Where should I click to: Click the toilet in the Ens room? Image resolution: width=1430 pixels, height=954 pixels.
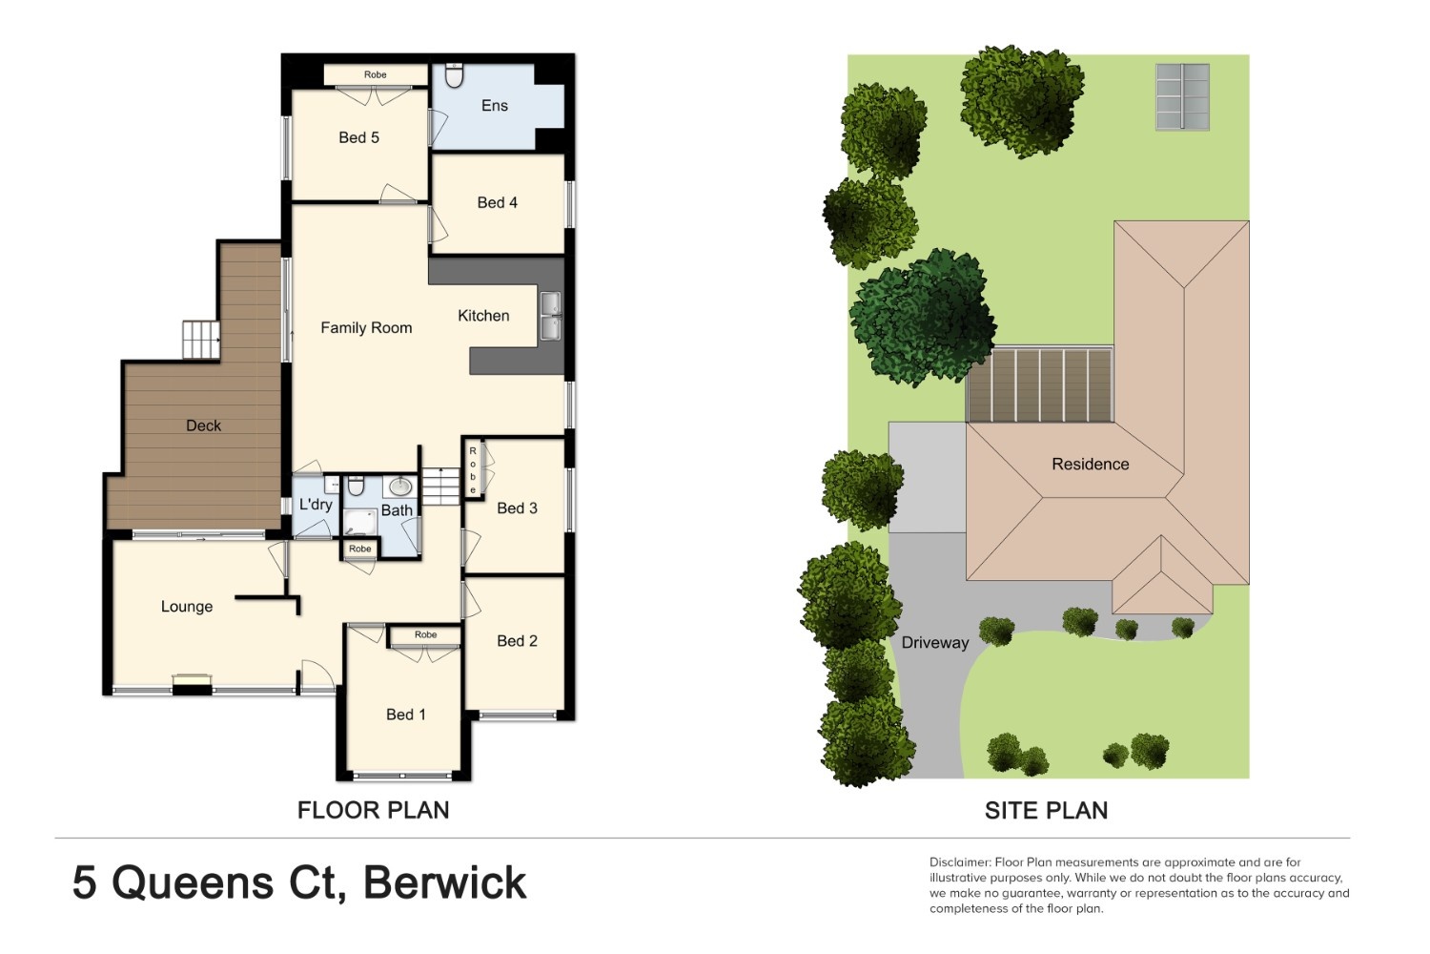(454, 74)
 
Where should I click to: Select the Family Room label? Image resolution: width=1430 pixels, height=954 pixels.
(366, 328)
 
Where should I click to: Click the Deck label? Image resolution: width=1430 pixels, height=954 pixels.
(204, 425)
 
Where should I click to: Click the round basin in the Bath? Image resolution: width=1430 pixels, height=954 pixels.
(400, 487)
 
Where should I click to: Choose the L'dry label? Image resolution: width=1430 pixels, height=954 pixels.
(316, 505)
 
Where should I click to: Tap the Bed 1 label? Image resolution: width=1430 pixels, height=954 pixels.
(406, 715)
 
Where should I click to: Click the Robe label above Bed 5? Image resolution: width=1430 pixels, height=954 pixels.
(376, 74)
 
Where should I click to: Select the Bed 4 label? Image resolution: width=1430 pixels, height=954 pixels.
(498, 202)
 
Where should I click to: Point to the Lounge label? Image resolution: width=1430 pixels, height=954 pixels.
(187, 607)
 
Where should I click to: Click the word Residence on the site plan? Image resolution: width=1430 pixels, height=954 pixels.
(1091, 464)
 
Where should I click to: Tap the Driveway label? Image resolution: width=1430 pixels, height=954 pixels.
(935, 643)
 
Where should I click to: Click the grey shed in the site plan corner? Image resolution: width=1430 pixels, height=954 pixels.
(1182, 97)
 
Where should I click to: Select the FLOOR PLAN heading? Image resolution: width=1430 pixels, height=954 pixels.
(374, 810)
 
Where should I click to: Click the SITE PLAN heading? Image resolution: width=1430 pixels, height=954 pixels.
(1047, 810)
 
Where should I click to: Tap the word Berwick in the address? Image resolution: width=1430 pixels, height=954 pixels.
(445, 883)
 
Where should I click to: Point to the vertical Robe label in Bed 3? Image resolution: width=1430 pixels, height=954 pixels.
(473, 470)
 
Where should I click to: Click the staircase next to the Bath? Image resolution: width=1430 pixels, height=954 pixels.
(441, 486)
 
